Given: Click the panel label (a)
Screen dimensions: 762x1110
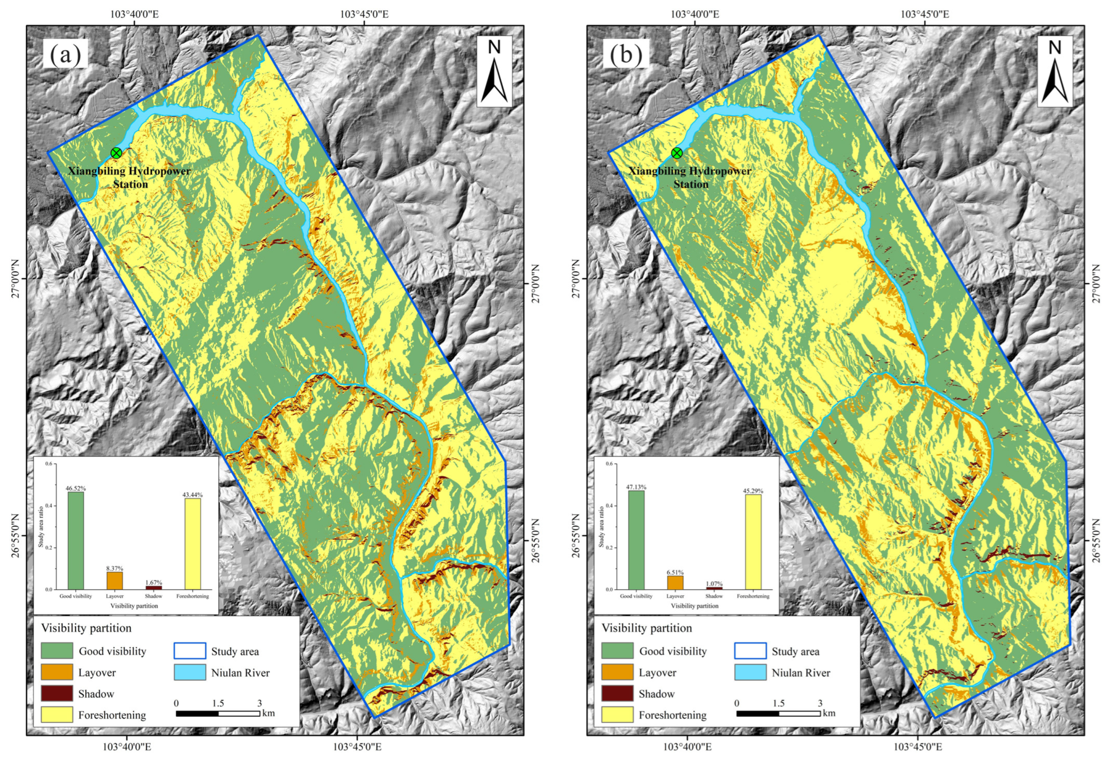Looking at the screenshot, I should click(65, 54).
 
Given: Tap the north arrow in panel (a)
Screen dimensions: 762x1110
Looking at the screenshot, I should click(494, 71).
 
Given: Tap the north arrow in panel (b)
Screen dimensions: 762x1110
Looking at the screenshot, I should click(1055, 71).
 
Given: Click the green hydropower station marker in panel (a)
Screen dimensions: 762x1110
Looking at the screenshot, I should click(116, 153).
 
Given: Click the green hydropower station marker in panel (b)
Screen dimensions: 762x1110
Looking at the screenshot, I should click(677, 153).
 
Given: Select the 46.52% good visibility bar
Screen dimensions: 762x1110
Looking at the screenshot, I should click(76, 540).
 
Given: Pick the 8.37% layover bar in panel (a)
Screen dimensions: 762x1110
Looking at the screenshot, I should click(115, 580).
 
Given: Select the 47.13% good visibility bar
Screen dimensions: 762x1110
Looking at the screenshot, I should click(636, 540).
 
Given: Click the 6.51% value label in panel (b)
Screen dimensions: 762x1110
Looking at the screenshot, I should click(675, 572).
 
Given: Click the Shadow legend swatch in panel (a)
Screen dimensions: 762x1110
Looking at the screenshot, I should click(57, 693).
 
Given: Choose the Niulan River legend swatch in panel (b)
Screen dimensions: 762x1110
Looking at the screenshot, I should click(750, 672).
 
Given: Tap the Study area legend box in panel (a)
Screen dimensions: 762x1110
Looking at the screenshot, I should click(190, 651).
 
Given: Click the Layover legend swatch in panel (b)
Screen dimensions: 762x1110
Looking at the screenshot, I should click(617, 672).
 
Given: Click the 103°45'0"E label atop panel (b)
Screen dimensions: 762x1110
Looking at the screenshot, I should click(925, 14).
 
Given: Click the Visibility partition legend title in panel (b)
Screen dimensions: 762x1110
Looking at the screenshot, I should click(647, 628).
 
